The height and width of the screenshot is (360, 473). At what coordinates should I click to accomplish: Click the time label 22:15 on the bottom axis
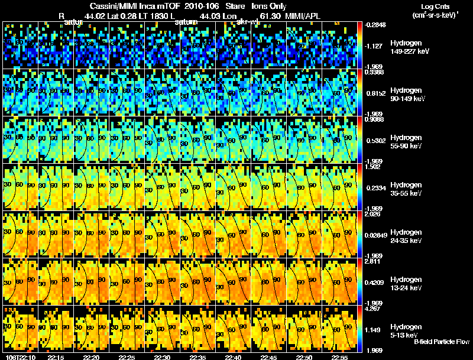coord(56,357)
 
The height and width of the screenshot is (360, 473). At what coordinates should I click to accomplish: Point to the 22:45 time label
coord(268,357)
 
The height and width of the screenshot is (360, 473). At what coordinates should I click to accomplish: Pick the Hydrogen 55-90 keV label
coord(407,142)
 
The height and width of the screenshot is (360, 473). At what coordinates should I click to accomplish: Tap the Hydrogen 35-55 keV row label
coord(407,189)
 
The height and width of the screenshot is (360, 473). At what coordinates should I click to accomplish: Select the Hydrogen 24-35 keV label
coord(407,236)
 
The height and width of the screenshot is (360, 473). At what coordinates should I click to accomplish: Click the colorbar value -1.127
coord(376,46)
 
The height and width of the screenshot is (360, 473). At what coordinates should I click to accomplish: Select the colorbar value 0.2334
coord(376,188)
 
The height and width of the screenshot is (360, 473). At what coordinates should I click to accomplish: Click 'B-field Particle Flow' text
coord(442,342)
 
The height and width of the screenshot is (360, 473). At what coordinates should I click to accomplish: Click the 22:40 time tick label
coord(233,357)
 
